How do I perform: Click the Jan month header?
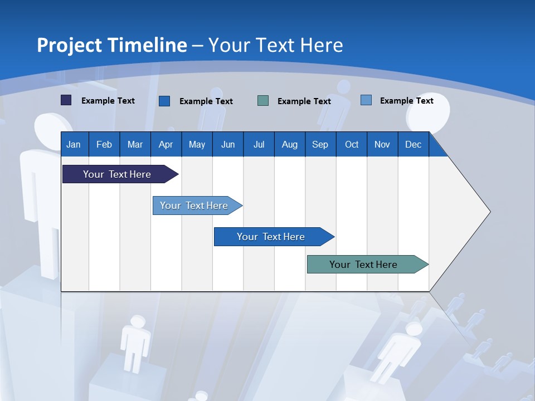tap(74, 144)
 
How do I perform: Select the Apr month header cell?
tap(166, 144)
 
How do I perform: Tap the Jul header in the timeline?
tap(259, 144)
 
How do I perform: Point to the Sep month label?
tap(320, 144)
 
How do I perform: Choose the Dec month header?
tap(413, 144)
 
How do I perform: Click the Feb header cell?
tap(104, 144)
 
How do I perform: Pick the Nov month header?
tap(382, 144)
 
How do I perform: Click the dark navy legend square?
tap(66, 100)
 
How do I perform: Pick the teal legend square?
tap(263, 100)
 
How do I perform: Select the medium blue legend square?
tap(164, 101)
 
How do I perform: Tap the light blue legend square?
tap(366, 100)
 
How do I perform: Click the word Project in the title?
tap(69, 45)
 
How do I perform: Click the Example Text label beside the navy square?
tap(108, 101)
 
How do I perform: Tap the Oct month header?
tap(352, 144)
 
